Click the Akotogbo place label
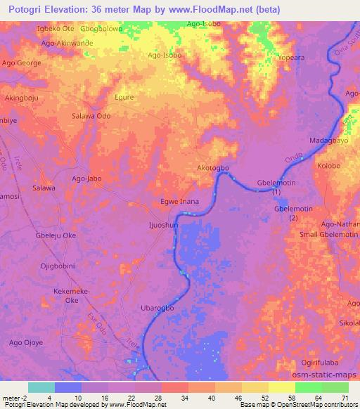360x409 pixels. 214,168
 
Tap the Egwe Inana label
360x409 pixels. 180,202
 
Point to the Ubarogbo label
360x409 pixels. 157,309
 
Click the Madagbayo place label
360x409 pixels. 328,141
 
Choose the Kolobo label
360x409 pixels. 328,166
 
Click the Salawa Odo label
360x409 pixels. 91,116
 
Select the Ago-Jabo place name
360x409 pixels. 87,178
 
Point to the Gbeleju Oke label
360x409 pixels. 56,235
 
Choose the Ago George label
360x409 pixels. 22,63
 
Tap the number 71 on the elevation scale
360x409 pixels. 345,398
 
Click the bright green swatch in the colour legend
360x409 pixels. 309,387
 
